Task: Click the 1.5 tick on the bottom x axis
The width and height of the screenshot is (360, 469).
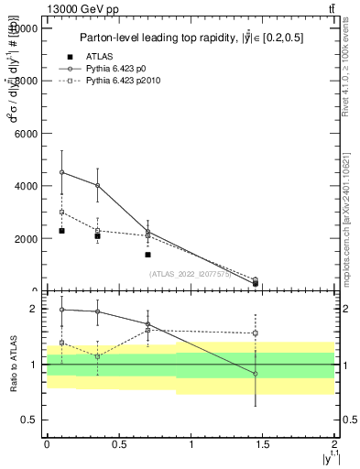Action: (x=263, y=444)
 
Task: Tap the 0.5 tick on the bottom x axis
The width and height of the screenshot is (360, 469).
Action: (x=118, y=444)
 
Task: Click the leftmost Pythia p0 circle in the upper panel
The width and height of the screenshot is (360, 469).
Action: (x=61, y=172)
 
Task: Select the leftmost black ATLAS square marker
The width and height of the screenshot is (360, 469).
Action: (x=61, y=231)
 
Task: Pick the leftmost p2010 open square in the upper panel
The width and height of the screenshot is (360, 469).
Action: (x=61, y=212)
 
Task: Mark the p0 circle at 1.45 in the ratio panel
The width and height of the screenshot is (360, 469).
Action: (x=256, y=374)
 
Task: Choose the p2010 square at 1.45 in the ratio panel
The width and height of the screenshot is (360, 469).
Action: (x=256, y=333)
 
